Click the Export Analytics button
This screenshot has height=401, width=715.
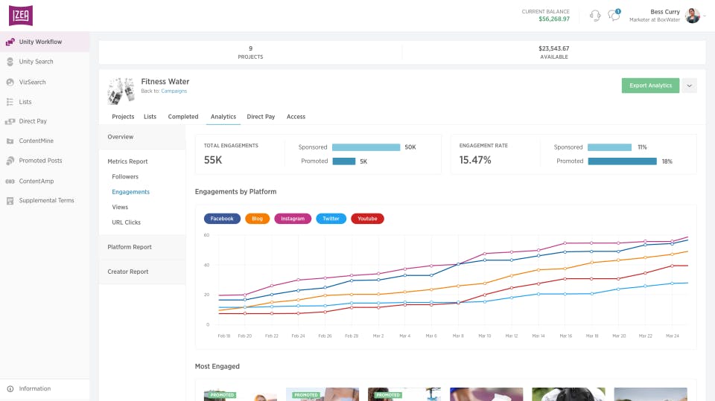(x=650, y=86)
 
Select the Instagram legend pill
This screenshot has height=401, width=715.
(x=293, y=219)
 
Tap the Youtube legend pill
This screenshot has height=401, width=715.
(x=367, y=219)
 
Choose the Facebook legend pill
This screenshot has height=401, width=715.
(x=222, y=219)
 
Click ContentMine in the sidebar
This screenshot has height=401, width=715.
(x=36, y=141)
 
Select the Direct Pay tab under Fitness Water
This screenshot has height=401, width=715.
(x=261, y=117)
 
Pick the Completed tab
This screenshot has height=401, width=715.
(x=183, y=117)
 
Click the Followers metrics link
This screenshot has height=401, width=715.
(x=125, y=176)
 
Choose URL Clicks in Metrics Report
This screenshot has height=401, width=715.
(x=126, y=222)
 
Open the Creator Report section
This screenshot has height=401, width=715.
(x=127, y=272)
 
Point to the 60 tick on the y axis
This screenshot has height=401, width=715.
(x=206, y=235)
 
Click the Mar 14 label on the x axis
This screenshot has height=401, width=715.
(x=538, y=336)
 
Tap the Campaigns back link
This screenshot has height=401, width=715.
(x=174, y=91)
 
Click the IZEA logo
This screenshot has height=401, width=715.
(x=21, y=16)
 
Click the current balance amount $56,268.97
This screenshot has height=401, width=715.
(x=554, y=19)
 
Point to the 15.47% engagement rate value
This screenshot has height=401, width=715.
(x=475, y=160)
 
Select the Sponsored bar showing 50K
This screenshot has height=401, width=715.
(x=366, y=147)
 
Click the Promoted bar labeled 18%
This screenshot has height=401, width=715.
(x=622, y=161)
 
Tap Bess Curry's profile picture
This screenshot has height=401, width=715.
(x=692, y=16)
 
